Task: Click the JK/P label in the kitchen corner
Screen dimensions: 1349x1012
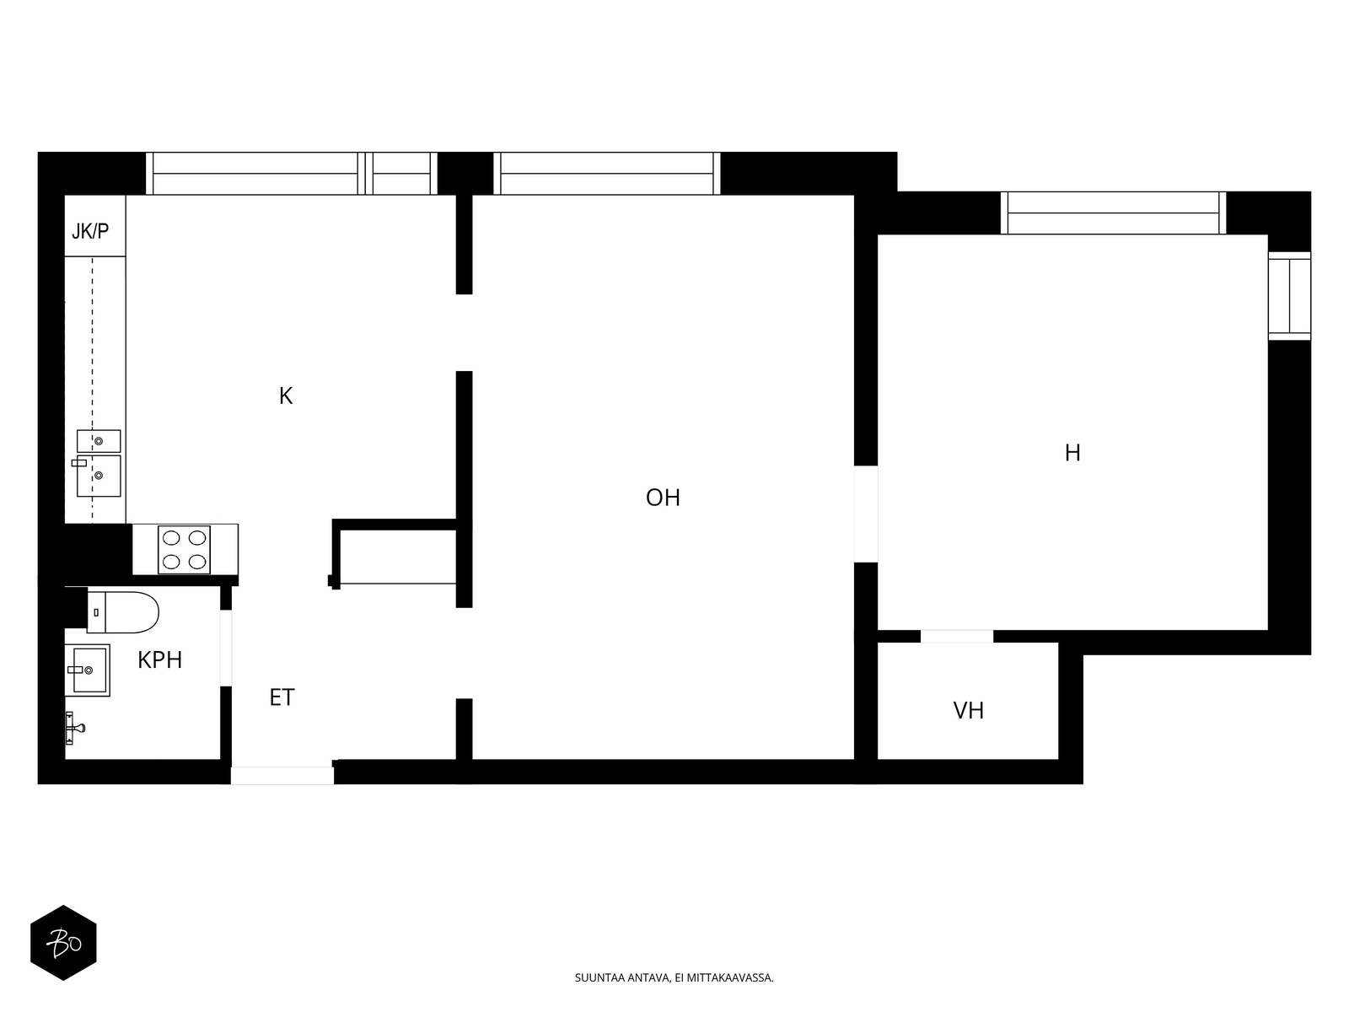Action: point(90,232)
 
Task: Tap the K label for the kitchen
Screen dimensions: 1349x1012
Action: point(286,396)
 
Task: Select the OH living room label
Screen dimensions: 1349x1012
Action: point(664,498)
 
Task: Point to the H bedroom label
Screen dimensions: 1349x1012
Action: point(1072,453)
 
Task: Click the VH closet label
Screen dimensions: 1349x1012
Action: point(969,711)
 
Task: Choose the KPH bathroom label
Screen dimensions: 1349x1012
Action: point(160,660)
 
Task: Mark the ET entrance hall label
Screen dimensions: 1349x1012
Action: point(282,697)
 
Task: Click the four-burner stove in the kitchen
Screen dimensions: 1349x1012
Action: point(185,550)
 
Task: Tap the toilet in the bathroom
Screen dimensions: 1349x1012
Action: point(123,612)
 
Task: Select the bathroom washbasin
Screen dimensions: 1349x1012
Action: point(88,670)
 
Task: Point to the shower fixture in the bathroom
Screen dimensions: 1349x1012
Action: point(73,728)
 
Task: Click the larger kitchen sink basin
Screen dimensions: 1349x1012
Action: point(99,476)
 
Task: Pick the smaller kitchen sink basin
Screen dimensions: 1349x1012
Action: point(99,441)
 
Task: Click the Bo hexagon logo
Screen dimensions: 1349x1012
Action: point(63,943)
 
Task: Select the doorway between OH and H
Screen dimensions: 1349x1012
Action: point(866,514)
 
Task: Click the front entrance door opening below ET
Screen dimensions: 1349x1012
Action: point(282,775)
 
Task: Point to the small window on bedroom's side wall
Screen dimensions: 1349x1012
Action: point(1290,295)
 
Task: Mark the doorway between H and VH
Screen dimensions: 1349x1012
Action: point(957,637)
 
